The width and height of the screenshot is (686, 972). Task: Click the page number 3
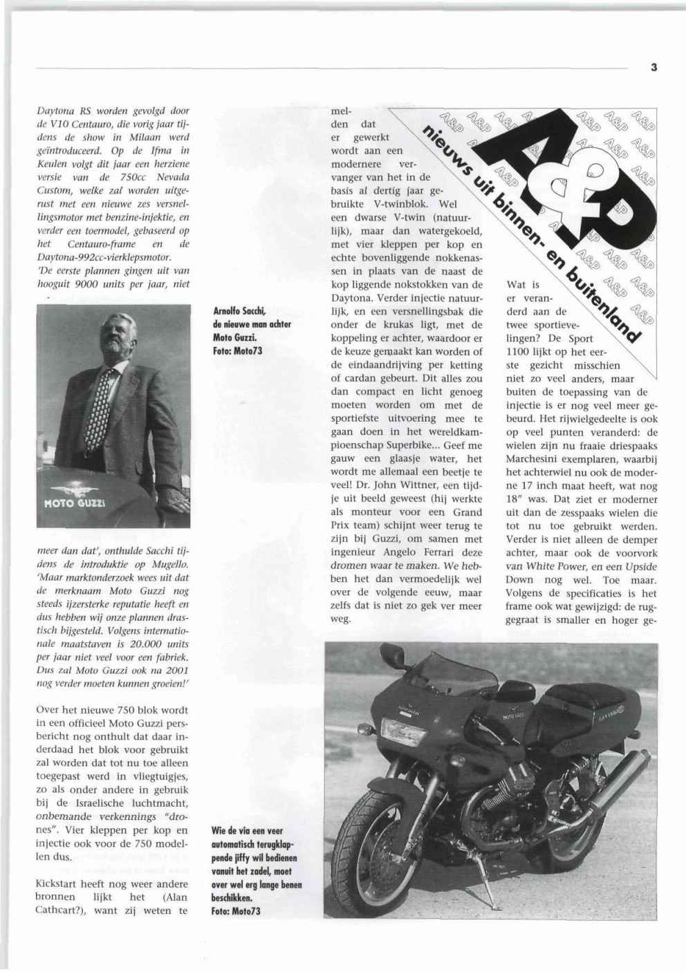click(653, 67)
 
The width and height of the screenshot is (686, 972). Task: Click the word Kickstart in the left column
click(56, 884)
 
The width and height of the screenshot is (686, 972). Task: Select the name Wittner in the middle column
click(416, 485)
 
